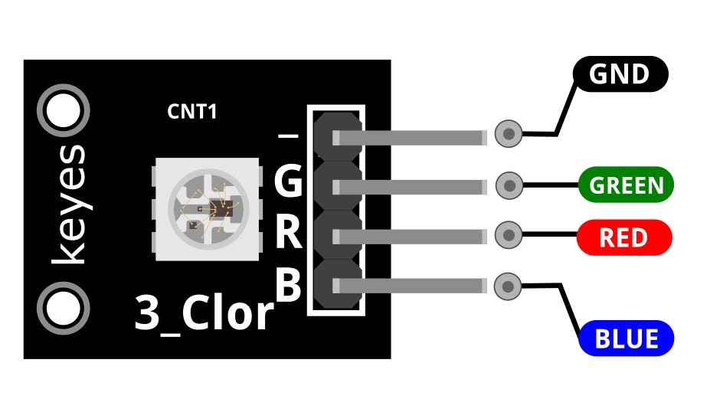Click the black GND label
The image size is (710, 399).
click(x=620, y=74)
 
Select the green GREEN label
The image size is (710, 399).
click(x=627, y=185)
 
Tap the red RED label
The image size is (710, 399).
click(x=624, y=237)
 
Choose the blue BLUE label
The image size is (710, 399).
click(x=627, y=338)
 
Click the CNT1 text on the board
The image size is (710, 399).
click(x=192, y=111)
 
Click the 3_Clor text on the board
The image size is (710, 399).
click(x=204, y=312)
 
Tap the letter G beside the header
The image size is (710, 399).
click(x=288, y=180)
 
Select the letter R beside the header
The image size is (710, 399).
click(x=289, y=232)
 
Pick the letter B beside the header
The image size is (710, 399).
click(x=289, y=284)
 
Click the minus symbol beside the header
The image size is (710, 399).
click(x=288, y=136)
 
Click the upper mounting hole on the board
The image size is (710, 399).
click(x=64, y=110)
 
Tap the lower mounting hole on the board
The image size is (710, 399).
click(x=64, y=308)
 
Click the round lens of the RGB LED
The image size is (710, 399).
click(x=208, y=209)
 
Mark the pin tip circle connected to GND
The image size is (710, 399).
click(x=509, y=133)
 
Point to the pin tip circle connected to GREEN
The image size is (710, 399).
click(x=509, y=185)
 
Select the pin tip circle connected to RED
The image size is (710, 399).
click(x=509, y=235)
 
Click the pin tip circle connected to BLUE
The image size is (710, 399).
click(x=508, y=286)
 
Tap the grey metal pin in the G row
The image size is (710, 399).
click(x=409, y=187)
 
